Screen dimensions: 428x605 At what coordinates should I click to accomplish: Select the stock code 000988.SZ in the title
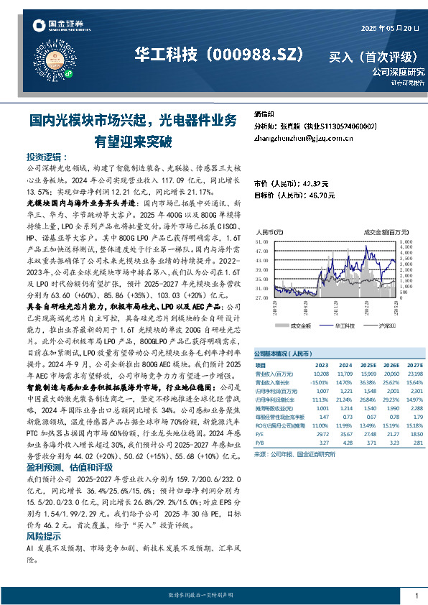pos(256,55)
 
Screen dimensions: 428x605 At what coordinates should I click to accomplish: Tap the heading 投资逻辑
pos(47,157)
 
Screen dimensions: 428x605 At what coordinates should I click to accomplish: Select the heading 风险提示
pos(44,536)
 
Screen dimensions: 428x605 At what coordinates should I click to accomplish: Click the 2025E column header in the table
pos(370,365)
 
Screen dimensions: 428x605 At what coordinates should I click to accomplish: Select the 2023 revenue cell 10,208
pos(321,374)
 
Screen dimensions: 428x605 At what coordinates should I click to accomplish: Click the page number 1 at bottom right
pos(417,596)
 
